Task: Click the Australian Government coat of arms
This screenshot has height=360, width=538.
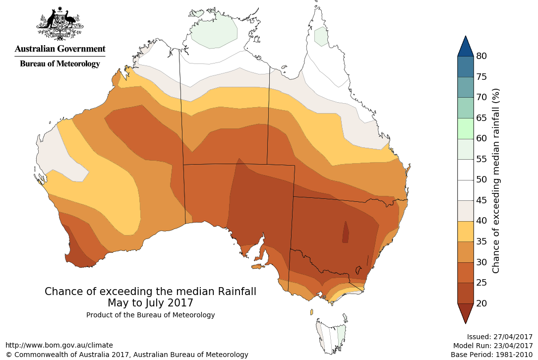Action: pos(60,23)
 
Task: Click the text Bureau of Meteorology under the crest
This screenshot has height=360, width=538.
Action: pos(60,64)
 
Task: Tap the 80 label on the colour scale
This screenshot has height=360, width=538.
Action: pos(481,56)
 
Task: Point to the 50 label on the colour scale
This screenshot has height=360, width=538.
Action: pos(481,180)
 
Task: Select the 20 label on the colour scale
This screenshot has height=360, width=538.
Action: pos(481,303)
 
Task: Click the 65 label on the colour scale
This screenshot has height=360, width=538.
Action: pos(481,118)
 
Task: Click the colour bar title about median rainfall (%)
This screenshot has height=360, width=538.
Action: pos(496,181)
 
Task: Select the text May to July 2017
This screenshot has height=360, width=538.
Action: pos(150,302)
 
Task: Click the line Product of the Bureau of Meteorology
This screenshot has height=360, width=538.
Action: pos(150,315)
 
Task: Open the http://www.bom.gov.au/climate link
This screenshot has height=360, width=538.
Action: pos(59,345)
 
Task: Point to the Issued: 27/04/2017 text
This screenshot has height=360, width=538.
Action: pos(499,336)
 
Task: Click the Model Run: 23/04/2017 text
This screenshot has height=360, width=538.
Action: pos(492,346)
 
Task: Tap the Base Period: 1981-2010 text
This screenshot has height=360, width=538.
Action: pos(491,355)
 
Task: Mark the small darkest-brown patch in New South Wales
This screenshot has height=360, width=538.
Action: pos(346,232)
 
